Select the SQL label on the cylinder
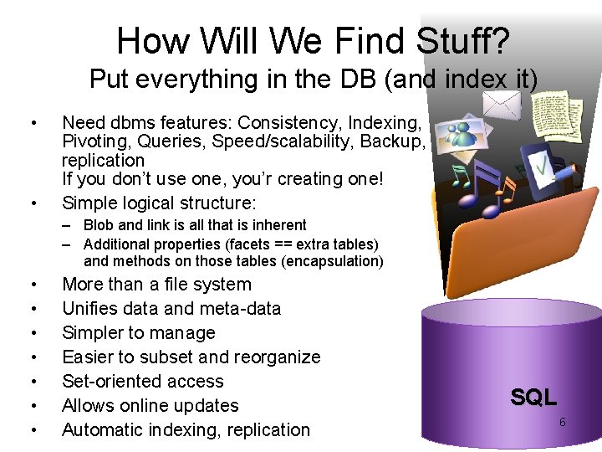533,398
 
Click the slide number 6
562,422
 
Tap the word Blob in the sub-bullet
99,224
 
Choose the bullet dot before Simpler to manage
32,333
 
